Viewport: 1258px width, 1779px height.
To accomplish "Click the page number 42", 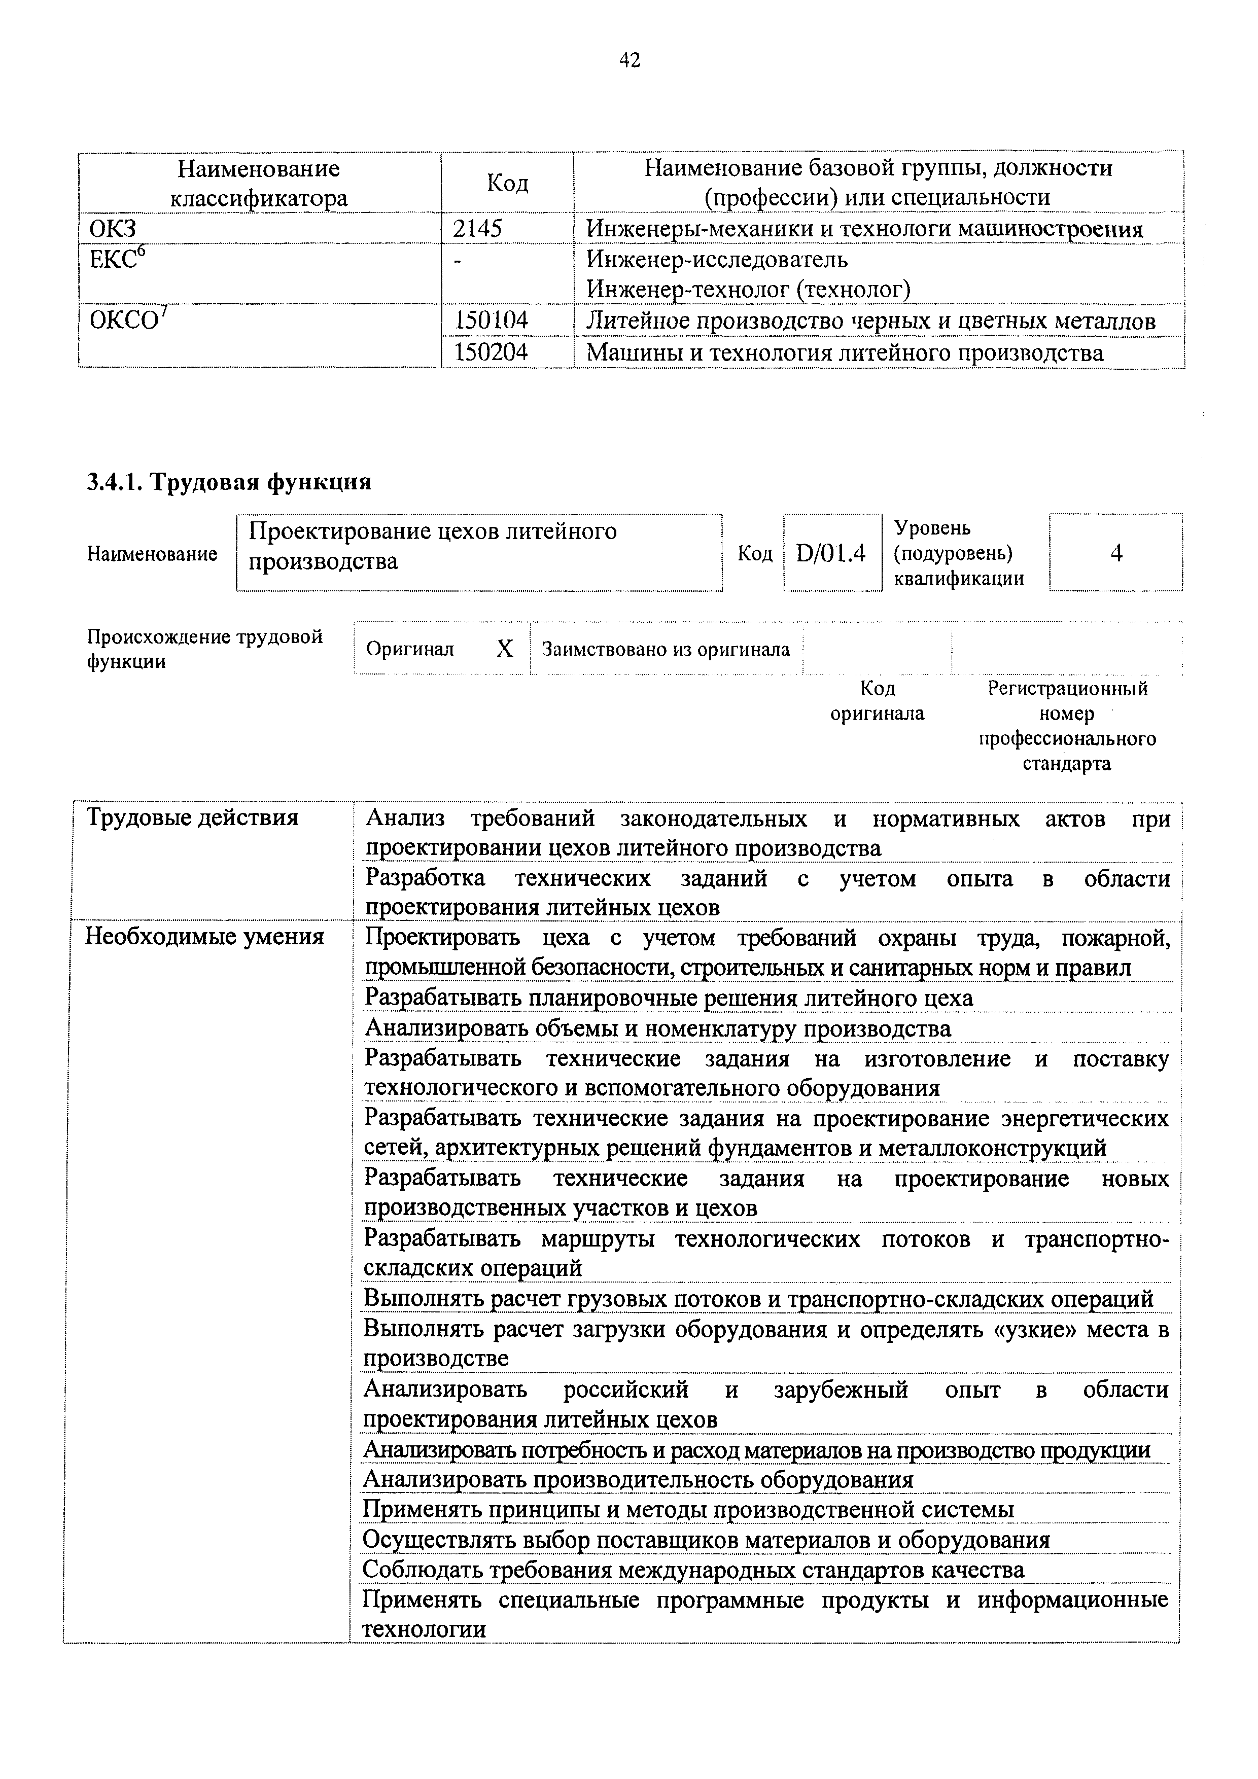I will [x=630, y=60].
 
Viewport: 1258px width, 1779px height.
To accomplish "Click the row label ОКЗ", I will [x=113, y=229].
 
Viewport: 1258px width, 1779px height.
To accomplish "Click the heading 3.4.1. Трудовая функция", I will [x=229, y=483].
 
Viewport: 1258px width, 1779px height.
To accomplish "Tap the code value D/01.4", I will [x=830, y=553].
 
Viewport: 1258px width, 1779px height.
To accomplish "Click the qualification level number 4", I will [x=1116, y=553].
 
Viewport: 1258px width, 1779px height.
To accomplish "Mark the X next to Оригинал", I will [x=505, y=649].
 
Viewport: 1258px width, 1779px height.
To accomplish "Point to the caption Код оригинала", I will [x=878, y=701].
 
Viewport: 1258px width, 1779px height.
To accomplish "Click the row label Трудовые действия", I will [x=192, y=817].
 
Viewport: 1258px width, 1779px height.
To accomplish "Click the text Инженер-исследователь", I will [x=717, y=259].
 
